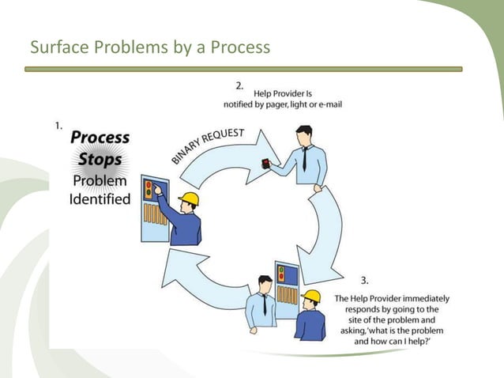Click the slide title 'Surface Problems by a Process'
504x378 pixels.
click(149, 48)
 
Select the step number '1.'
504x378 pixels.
click(58, 125)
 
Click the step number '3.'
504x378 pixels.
click(365, 280)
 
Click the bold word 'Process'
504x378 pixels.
click(100, 137)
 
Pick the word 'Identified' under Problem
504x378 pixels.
click(100, 198)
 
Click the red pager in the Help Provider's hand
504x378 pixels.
click(266, 164)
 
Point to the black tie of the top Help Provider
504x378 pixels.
click(304, 159)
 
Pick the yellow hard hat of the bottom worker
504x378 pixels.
click(312, 297)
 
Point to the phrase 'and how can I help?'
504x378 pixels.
click(393, 343)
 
